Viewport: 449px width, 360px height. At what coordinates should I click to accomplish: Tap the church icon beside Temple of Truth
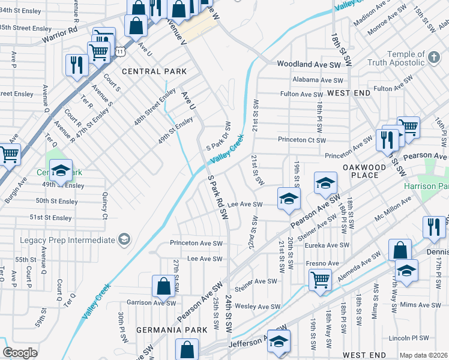[433, 58]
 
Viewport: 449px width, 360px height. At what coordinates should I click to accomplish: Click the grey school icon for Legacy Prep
[124, 240]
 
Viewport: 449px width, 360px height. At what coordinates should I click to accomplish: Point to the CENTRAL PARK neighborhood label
[154, 71]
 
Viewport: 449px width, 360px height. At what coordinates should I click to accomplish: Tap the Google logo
[20, 353]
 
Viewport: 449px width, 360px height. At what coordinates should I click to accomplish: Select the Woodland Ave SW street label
[309, 64]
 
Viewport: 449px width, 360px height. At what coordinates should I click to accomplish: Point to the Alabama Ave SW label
[318, 80]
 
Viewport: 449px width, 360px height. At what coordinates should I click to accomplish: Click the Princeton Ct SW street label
[301, 140]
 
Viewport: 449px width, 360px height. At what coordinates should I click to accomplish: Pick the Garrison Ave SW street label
[148, 302]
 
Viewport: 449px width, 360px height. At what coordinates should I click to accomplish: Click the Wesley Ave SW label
[258, 307]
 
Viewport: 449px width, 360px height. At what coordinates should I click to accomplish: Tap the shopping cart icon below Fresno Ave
[320, 279]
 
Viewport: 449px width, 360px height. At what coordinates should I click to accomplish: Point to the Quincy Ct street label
[104, 205]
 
